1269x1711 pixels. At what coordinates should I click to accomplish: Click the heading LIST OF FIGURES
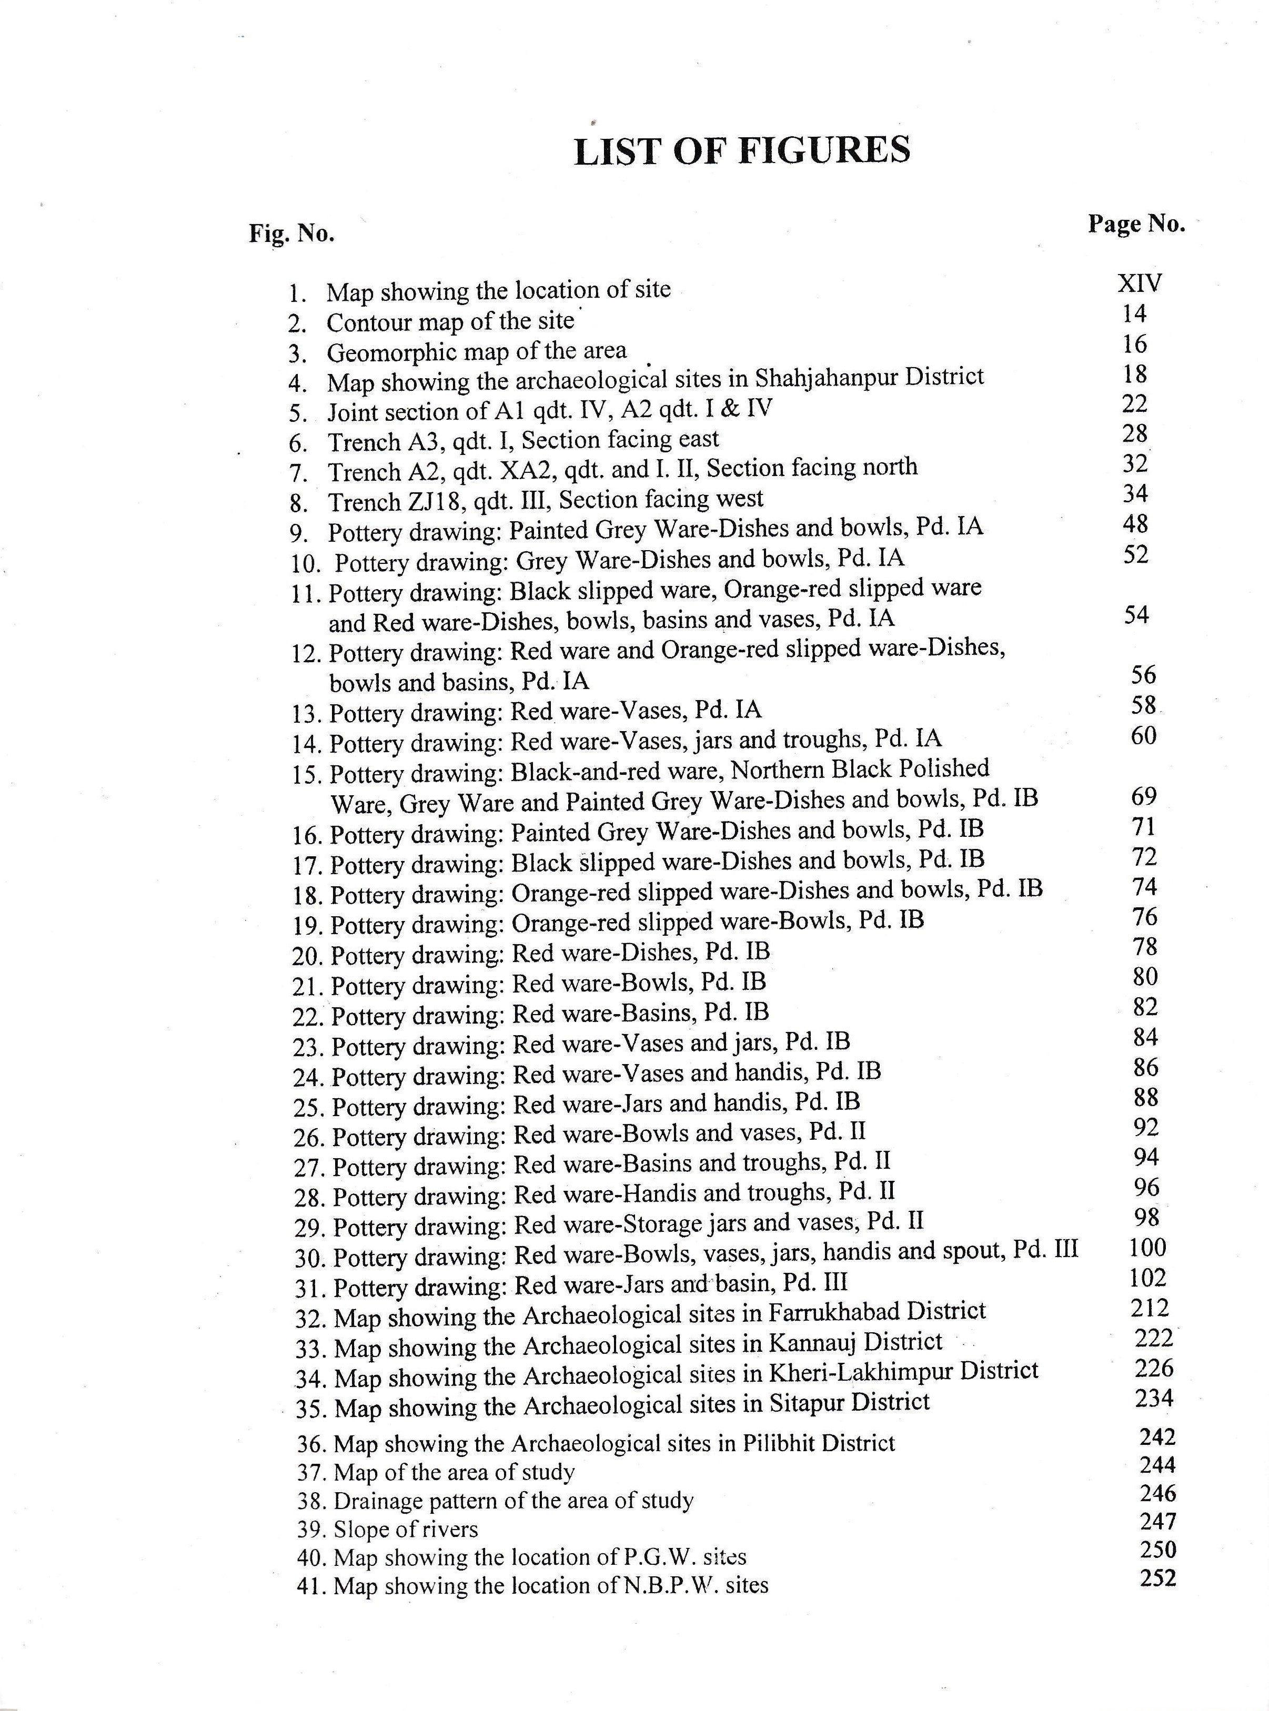click(741, 150)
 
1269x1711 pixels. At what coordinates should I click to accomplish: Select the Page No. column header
click(1136, 224)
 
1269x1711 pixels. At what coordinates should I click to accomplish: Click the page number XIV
click(1139, 282)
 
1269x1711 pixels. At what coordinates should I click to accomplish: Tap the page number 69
click(1143, 796)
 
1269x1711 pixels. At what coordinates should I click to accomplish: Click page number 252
click(1157, 1577)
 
